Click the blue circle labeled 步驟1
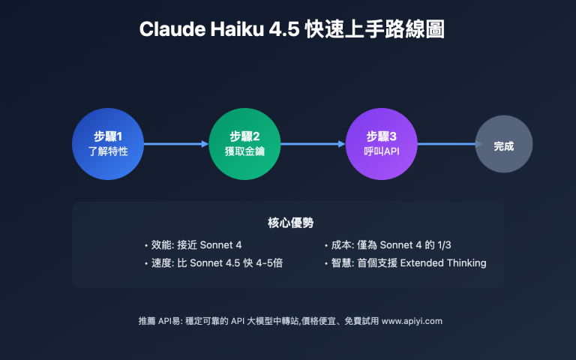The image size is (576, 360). click(x=108, y=144)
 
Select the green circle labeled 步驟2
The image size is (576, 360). click(x=244, y=144)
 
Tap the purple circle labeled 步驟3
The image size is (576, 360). click(x=382, y=144)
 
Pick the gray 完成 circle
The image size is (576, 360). click(x=504, y=144)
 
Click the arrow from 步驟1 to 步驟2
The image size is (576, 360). click(x=176, y=144)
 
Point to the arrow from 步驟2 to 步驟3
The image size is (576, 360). click(x=313, y=144)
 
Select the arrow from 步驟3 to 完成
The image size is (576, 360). click(x=450, y=144)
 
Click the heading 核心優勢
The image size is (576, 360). click(x=290, y=223)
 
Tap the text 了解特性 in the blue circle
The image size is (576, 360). click(x=108, y=151)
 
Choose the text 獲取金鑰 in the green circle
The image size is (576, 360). click(x=244, y=151)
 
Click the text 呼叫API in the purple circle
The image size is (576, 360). click(x=382, y=151)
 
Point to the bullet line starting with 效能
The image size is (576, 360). click(x=193, y=245)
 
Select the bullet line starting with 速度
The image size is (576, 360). click(x=214, y=263)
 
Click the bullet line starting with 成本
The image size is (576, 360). click(x=388, y=245)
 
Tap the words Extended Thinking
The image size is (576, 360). click(x=443, y=263)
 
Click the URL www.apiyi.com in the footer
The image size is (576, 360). click(x=412, y=321)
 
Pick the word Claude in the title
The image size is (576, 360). click(x=172, y=29)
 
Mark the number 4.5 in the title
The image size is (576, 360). click(x=284, y=29)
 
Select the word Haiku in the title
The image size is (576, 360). click(x=237, y=29)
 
